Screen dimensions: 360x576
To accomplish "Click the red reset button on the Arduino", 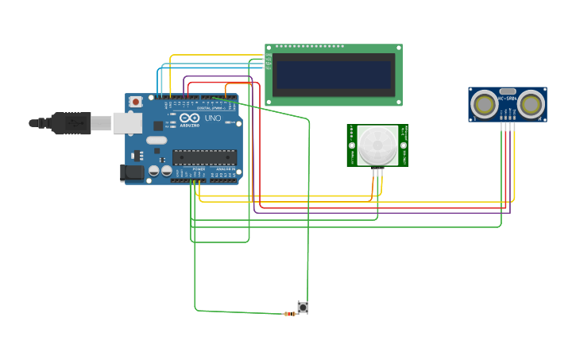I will [x=136, y=102].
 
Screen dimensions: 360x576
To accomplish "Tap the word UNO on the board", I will [x=213, y=118].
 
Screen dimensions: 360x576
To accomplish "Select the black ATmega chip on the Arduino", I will [x=204, y=157].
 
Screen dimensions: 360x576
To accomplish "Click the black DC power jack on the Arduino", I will [x=132, y=172].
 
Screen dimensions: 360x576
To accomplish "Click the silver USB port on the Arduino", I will [x=127, y=122].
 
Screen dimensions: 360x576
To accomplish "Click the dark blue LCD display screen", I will [x=334, y=75].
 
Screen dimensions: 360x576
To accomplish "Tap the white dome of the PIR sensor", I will [x=377, y=145].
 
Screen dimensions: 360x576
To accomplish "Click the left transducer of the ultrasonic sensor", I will [x=484, y=104].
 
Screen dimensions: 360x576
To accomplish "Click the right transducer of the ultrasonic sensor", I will [x=531, y=104].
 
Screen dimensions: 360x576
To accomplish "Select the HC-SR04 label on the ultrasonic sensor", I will [x=508, y=99].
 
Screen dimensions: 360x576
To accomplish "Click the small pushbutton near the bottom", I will [x=303, y=307].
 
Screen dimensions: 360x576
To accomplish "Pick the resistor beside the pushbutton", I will [x=289, y=314].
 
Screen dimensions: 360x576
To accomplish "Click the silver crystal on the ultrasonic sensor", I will [x=508, y=91].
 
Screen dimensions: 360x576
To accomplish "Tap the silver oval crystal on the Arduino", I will [x=157, y=140].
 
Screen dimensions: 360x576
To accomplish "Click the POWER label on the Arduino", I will [x=199, y=169].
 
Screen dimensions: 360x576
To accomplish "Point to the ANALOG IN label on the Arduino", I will [x=225, y=169].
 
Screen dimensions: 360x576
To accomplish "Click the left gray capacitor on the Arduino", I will [x=154, y=170].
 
